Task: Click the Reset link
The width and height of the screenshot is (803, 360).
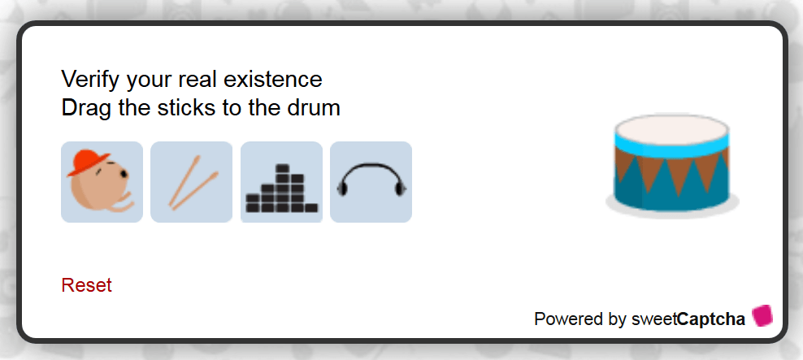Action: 86,285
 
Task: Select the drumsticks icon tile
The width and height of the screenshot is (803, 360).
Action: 192,182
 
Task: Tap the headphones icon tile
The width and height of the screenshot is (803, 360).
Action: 371,182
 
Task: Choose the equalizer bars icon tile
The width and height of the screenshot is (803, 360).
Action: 282,182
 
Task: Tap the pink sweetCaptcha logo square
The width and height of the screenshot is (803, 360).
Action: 762,315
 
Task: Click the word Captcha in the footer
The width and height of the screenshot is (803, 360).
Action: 711,319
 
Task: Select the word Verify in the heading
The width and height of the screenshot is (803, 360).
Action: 91,80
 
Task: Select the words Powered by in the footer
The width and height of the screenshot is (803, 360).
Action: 579,319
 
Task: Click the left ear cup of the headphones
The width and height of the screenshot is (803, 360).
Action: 342,189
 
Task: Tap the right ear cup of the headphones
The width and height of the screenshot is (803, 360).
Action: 401,189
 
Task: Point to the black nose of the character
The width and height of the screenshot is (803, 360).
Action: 124,175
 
